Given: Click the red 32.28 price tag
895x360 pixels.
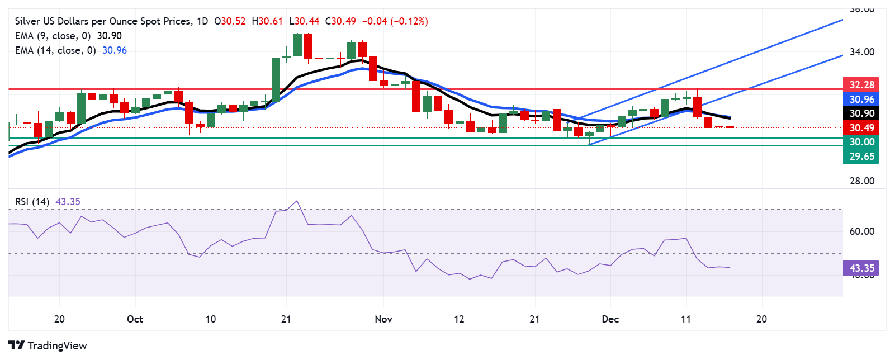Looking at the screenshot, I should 861,85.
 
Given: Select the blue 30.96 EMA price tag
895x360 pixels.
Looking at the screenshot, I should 861,100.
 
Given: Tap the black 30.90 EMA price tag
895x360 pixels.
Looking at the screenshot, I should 861,113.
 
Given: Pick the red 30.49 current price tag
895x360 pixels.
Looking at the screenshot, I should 861,128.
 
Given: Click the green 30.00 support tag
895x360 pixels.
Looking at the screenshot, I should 861,142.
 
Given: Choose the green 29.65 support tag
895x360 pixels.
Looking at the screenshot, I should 861,157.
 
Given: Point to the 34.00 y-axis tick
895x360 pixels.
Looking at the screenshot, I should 861,52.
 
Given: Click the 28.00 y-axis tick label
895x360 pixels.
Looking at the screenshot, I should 861,181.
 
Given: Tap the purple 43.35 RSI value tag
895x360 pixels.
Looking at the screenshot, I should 861,268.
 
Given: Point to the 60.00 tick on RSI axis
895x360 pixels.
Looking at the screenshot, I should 861,231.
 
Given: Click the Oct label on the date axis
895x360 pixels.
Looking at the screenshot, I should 135,319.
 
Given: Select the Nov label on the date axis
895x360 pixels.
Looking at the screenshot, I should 383,319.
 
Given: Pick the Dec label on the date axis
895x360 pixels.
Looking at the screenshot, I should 610,319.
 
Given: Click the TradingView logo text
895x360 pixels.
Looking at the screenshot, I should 57,345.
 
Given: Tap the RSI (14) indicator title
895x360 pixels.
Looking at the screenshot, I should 32,202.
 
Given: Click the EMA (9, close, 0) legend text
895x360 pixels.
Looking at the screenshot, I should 53,36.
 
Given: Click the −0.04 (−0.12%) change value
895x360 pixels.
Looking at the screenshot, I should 395,21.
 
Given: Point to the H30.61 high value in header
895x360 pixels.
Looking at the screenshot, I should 267,21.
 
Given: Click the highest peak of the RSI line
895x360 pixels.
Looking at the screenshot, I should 297,201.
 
